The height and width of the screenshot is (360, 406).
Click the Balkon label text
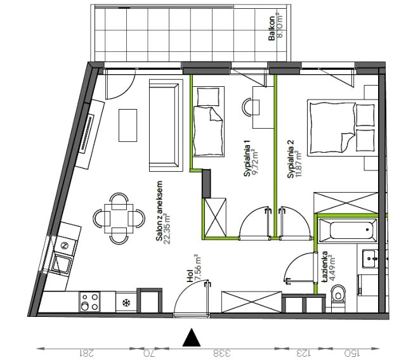point(272,29)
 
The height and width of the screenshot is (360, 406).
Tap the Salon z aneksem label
point(159,211)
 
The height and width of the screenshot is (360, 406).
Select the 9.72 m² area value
point(256,162)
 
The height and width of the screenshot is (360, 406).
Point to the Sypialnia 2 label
point(291,159)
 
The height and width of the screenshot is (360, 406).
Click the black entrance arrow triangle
point(192,337)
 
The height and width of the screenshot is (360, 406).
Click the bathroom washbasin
point(370,259)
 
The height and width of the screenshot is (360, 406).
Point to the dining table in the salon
point(119,219)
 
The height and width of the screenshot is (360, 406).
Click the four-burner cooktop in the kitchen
point(89,302)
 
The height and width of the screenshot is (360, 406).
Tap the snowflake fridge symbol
point(126,302)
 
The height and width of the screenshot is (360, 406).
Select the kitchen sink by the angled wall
point(62,263)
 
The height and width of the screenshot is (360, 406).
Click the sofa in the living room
point(166,125)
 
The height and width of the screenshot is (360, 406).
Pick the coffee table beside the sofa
point(128,125)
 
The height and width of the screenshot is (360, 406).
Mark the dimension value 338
point(222,353)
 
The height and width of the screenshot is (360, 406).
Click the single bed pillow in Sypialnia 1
point(208,96)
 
